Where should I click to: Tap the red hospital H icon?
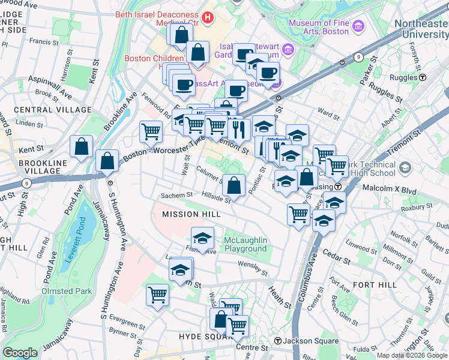click(x=208, y=18)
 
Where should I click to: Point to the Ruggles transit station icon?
click(x=423, y=77)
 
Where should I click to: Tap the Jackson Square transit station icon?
click(x=278, y=341)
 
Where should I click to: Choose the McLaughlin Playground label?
click(x=245, y=244)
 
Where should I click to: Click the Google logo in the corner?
click(x=20, y=353)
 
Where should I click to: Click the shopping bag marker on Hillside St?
click(x=234, y=185)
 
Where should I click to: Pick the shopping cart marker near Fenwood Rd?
click(x=151, y=131)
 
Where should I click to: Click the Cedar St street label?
click(x=339, y=261)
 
